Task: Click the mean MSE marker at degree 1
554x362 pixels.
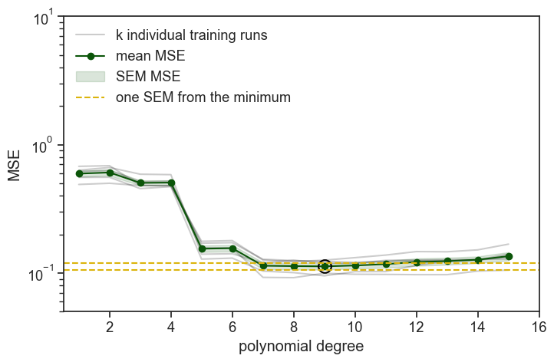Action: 79,173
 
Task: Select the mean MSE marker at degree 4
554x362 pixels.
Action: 171,183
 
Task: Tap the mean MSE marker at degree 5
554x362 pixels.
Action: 202,248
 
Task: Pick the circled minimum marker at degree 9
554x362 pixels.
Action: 325,266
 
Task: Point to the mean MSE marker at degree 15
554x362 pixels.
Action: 509,256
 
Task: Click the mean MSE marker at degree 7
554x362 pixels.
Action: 263,265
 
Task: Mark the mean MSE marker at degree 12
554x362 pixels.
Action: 417,262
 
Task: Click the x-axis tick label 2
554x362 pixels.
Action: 110,325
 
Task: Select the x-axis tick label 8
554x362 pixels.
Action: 294,325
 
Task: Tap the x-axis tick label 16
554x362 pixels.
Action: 539,325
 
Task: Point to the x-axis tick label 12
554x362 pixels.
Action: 416,325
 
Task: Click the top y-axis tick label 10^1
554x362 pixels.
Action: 44,15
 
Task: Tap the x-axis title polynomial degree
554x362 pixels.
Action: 301,347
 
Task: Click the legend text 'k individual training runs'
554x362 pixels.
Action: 191,35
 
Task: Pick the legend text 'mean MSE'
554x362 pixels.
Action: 150,56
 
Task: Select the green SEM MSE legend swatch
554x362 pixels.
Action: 91,77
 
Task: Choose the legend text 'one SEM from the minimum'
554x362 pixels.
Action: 203,97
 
